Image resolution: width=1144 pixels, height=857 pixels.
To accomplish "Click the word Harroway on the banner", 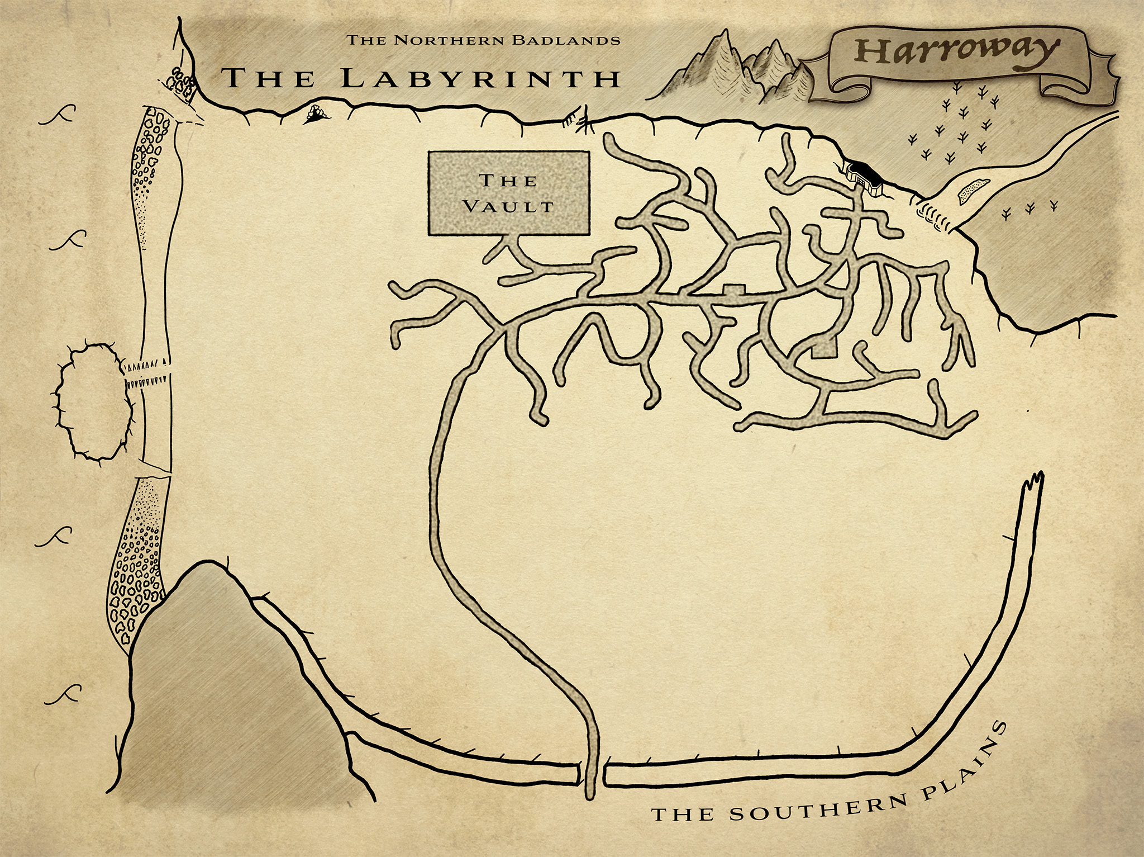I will coord(955,51).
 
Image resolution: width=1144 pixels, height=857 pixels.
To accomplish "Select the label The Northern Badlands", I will coord(483,40).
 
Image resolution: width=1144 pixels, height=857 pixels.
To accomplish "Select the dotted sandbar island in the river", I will coord(973,191).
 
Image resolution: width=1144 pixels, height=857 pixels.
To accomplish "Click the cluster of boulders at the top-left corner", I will coord(182,81).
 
